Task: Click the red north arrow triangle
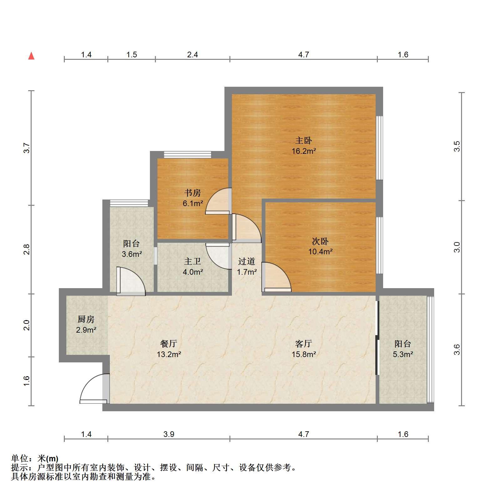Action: click(31, 56)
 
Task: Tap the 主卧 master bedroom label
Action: click(303, 140)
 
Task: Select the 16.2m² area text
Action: click(304, 151)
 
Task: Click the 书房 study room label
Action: click(193, 193)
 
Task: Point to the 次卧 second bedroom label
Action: click(320, 241)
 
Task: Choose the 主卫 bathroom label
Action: click(193, 262)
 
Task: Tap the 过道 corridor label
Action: click(247, 261)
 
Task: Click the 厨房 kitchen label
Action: click(86, 319)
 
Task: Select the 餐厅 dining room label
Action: click(169, 344)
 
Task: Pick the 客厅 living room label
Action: click(303, 344)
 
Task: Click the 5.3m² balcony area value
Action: click(403, 355)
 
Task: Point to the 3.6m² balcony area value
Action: click(132, 254)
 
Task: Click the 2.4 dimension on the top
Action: click(193, 54)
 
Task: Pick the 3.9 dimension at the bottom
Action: click(169, 434)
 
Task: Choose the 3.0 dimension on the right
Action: click(457, 247)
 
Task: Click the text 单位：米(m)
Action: click(35, 459)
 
